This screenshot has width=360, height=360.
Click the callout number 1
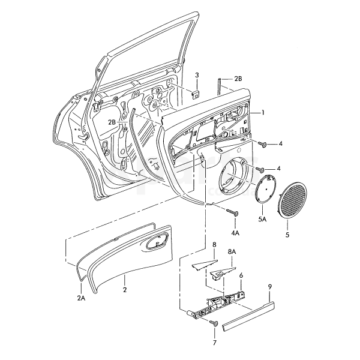click(x=262, y=113)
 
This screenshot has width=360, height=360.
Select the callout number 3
click(x=197, y=74)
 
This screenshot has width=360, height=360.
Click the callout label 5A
click(x=262, y=221)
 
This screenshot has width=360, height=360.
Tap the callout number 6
click(x=241, y=277)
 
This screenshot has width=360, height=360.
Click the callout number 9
click(x=270, y=289)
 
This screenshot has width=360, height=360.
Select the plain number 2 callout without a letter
click(x=125, y=289)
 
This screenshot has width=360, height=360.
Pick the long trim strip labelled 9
click(x=248, y=316)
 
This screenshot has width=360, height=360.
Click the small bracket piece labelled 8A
click(x=221, y=274)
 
